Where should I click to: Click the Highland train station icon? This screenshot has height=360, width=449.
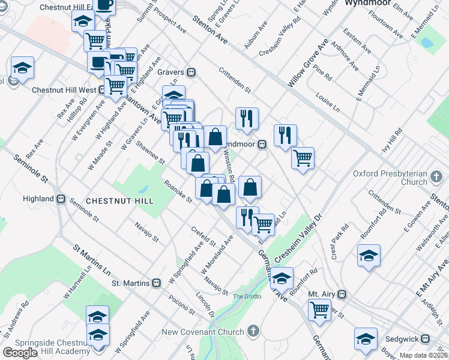pos(61,199)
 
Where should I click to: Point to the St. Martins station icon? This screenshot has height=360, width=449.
pos(156,283)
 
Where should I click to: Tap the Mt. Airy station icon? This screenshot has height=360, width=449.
pos(343,295)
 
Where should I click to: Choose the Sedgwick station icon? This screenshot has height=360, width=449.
pos(426,339)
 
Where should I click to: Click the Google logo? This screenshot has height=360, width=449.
pos(19,353)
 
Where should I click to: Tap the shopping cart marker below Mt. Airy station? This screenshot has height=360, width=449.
pos(319,310)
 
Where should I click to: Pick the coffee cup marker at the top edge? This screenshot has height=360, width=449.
pos(104,4)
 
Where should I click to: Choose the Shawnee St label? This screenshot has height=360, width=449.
pos(150,153)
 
